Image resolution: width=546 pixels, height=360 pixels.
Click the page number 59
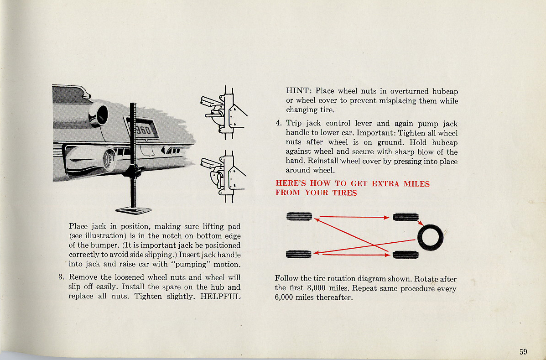(523, 351)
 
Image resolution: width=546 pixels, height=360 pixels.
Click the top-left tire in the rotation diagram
(299, 217)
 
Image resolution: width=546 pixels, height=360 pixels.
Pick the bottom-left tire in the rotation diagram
(299, 254)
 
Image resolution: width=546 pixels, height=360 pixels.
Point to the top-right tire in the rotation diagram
(406, 217)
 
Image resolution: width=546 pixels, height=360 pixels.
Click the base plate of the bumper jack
(133, 210)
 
